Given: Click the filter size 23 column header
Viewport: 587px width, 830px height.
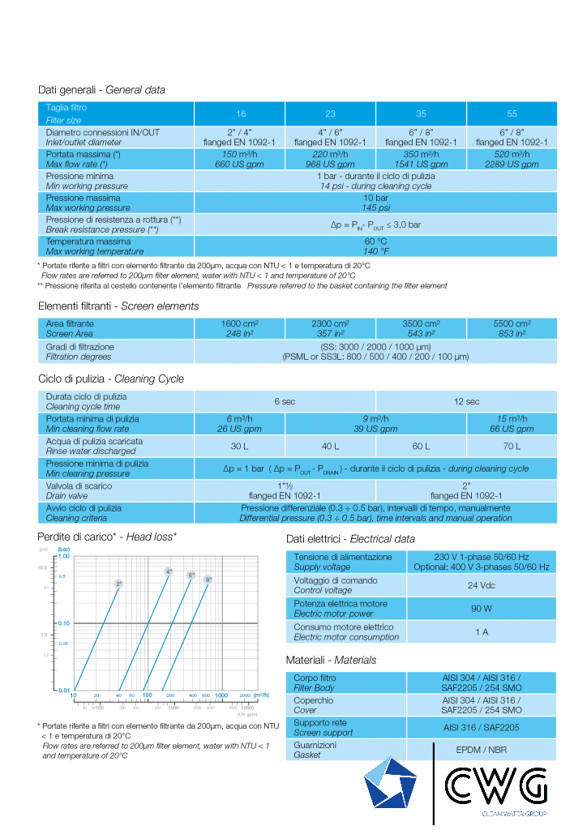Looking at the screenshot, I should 330,114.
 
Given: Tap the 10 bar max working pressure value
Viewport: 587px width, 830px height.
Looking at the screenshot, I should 375,203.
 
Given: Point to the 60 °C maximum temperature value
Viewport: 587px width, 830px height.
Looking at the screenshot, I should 375,246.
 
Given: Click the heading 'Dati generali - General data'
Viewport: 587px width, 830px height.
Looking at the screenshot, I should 101,90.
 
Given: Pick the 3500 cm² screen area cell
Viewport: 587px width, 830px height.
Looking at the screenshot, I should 421,328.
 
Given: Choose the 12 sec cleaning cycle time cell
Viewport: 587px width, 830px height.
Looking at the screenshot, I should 466,401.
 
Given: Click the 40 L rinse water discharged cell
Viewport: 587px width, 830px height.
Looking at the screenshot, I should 330,446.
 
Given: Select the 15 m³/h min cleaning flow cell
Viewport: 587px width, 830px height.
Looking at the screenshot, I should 512,424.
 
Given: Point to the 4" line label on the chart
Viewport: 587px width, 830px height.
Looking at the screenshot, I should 169,572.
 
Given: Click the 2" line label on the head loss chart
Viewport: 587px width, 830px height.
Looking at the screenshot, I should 119,584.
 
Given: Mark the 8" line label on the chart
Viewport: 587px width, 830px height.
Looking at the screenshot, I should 208,580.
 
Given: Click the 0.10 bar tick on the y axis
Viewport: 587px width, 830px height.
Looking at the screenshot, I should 63,622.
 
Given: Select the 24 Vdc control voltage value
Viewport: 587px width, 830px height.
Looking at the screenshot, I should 466,585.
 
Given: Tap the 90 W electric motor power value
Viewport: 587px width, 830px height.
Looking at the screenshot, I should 466,609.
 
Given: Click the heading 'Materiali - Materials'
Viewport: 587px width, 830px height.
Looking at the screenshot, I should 331,660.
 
